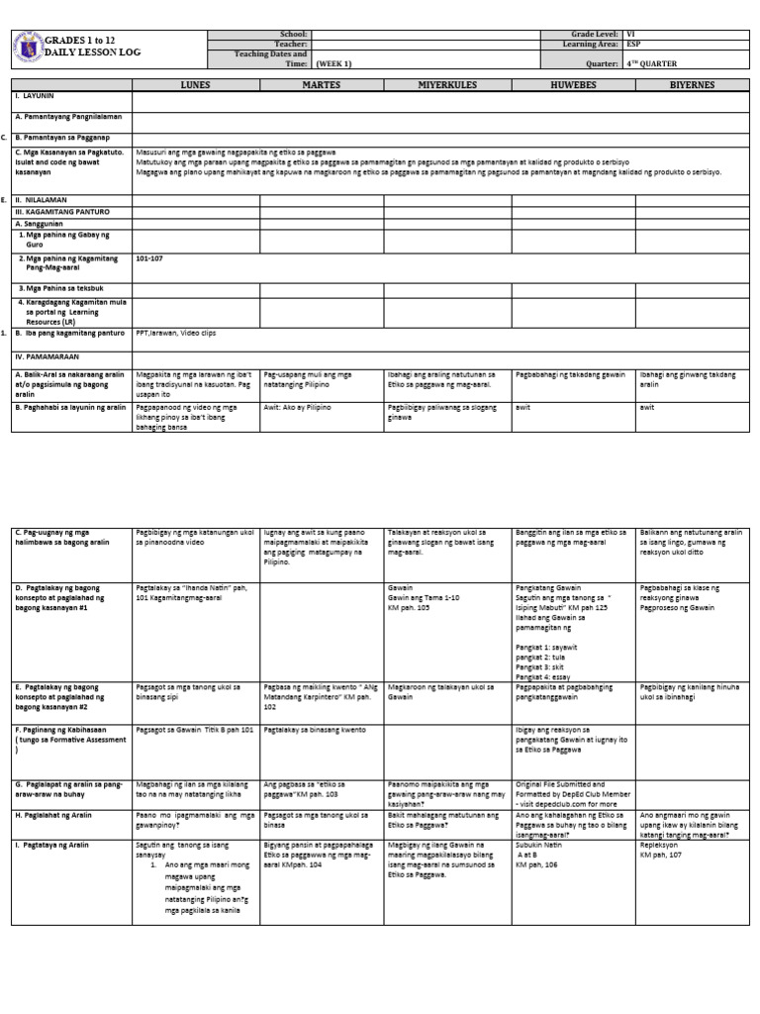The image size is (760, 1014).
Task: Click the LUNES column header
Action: coord(195,86)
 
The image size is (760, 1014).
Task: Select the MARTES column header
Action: coord(322,86)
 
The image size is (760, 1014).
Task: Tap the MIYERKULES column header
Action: coord(447,86)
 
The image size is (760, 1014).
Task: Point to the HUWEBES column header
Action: coord(573,86)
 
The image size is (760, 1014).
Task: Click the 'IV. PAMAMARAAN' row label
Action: coord(47,355)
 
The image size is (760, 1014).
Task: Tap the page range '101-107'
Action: coord(148,258)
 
